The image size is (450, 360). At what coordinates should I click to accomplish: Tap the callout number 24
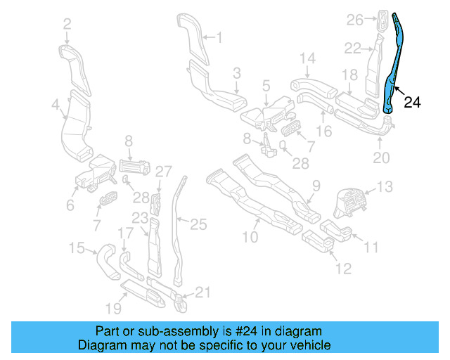(x=413, y=103)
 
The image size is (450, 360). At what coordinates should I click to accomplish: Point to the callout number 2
(x=67, y=25)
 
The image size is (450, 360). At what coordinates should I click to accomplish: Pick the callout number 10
(x=250, y=238)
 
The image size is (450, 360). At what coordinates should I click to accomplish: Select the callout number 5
(x=266, y=85)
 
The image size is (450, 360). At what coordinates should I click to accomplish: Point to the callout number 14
(x=308, y=58)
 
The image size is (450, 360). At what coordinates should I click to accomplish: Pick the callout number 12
(x=342, y=268)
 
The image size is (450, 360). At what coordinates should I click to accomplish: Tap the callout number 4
(x=55, y=106)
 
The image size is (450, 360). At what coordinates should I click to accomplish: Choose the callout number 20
(x=380, y=158)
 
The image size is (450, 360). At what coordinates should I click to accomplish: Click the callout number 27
(x=163, y=171)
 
